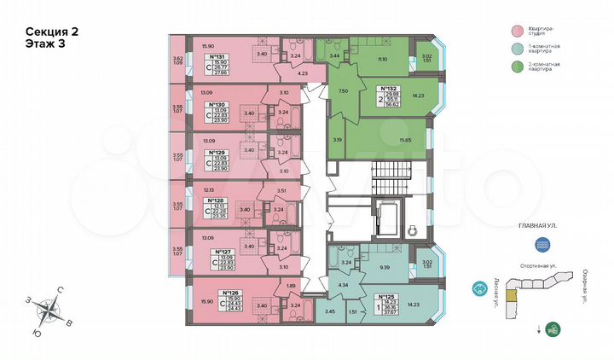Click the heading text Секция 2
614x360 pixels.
52,32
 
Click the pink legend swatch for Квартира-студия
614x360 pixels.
518,32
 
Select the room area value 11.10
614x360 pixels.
383,59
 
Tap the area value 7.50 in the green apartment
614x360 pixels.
342,90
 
